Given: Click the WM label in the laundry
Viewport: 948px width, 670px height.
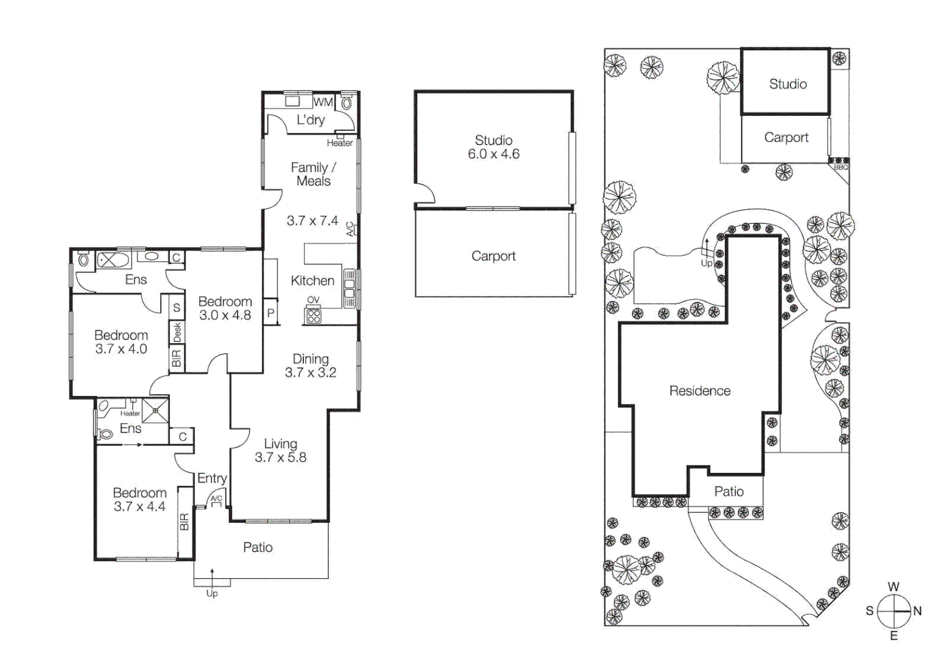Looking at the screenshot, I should click(x=323, y=102).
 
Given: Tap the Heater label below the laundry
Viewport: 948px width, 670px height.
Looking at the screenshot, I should click(x=339, y=143).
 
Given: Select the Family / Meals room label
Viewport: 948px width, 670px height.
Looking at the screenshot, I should click(x=313, y=174).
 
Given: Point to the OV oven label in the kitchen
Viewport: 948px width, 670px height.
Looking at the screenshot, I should click(x=313, y=300).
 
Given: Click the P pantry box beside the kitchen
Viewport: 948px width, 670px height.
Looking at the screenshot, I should click(x=271, y=313).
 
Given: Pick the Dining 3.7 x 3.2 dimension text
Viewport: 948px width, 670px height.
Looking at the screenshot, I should click(x=310, y=373).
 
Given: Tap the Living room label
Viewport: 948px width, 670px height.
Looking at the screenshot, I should click(x=280, y=444).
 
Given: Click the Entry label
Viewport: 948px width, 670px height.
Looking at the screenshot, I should click(x=212, y=478).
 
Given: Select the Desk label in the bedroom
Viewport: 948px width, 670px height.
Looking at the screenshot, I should click(x=177, y=333).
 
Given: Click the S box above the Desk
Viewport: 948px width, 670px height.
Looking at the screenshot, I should click(x=177, y=308).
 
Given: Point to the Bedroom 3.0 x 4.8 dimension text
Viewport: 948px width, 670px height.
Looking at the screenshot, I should click(x=225, y=315).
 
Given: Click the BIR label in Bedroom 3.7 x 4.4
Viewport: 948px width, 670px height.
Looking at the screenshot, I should click(x=184, y=522).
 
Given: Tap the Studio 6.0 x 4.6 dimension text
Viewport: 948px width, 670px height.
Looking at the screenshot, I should click(x=493, y=154).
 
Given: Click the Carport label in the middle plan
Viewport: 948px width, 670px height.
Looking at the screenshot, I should click(x=493, y=256).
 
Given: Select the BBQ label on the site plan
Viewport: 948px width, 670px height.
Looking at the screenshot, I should click(x=841, y=167).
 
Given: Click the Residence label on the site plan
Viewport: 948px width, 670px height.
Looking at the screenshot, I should click(x=699, y=391).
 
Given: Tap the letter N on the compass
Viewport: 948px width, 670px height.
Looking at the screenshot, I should click(x=917, y=611).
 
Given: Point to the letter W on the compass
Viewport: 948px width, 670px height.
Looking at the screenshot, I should click(x=893, y=587).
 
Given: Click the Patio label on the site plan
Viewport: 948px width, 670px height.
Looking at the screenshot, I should click(x=728, y=492).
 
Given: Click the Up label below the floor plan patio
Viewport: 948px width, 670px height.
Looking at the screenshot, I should click(x=212, y=594).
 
